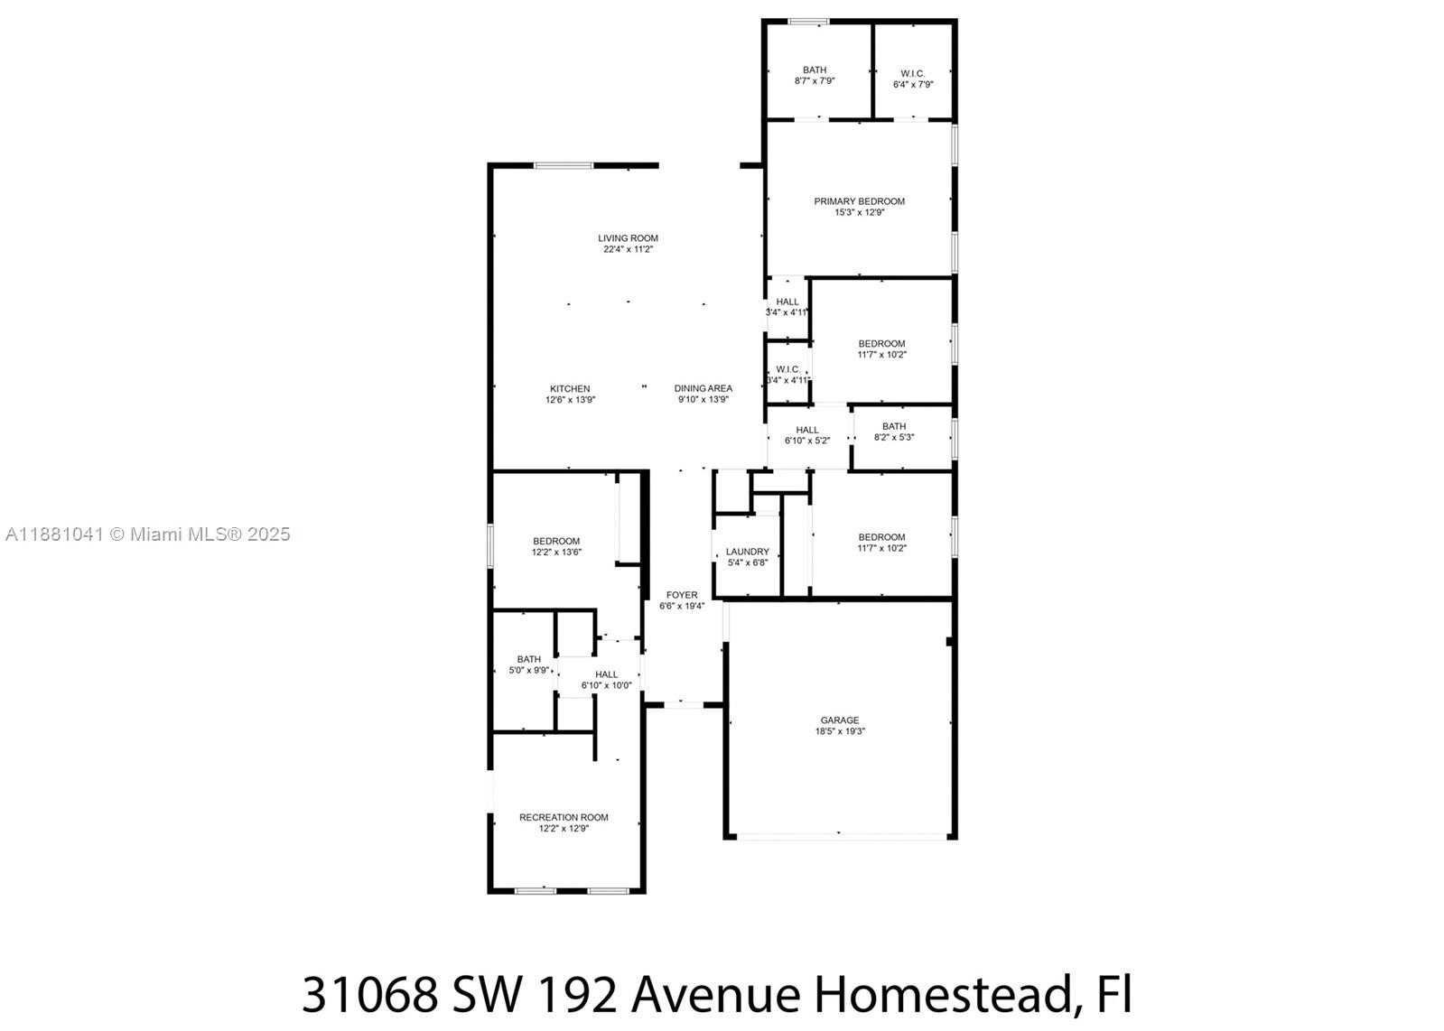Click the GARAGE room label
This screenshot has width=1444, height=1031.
[839, 720]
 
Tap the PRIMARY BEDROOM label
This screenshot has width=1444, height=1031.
[860, 201]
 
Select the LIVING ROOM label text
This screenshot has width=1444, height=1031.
[628, 237]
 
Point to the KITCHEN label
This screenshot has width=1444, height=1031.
[570, 388]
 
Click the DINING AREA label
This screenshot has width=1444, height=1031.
[703, 388]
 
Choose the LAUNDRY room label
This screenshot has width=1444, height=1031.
[748, 552]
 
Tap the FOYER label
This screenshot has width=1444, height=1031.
[682, 595]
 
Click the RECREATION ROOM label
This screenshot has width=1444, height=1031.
[564, 817]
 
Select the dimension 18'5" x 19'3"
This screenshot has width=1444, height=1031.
[840, 730]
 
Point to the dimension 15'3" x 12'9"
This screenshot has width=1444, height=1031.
[860, 212]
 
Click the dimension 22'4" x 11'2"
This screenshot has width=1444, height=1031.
[628, 249]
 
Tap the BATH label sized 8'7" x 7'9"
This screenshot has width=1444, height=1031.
[815, 70]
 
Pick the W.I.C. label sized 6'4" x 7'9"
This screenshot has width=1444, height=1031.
[913, 73]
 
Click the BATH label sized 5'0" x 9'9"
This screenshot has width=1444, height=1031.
[528, 658]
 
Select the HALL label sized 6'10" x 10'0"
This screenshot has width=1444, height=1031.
[607, 674]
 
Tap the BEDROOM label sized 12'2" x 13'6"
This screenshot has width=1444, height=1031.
[556, 541]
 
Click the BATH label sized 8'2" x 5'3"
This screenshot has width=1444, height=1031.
[894, 426]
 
